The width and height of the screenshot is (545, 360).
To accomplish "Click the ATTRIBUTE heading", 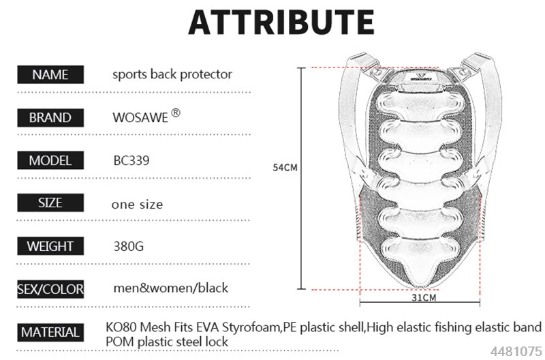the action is (281, 22).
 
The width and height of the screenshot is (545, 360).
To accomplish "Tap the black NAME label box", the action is (50, 74).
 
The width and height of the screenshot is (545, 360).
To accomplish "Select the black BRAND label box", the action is (50, 117).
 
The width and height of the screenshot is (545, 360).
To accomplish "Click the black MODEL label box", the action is (50, 160).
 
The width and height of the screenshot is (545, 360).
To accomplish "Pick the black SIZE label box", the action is (50, 202).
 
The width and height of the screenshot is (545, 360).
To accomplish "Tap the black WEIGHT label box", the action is (50, 246).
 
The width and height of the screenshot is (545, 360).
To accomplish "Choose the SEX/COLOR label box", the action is (50, 289).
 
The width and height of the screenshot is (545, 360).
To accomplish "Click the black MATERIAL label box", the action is (50, 333).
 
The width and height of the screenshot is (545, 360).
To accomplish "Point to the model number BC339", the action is (131, 160).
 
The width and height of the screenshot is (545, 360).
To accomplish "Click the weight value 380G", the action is (129, 246).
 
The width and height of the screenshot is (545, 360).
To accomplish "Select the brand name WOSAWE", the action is (140, 117).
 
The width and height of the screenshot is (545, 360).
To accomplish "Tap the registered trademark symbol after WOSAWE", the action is (176, 112).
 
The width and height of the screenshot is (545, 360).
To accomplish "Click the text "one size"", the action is (138, 204).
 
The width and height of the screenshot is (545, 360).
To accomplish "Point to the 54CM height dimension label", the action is (285, 168).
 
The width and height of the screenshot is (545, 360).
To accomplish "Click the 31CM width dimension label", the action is (424, 298).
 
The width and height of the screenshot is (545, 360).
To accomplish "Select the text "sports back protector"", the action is (172, 74).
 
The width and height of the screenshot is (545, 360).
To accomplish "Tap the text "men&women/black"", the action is (171, 288).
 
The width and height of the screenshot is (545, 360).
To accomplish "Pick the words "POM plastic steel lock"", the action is (167, 342).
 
